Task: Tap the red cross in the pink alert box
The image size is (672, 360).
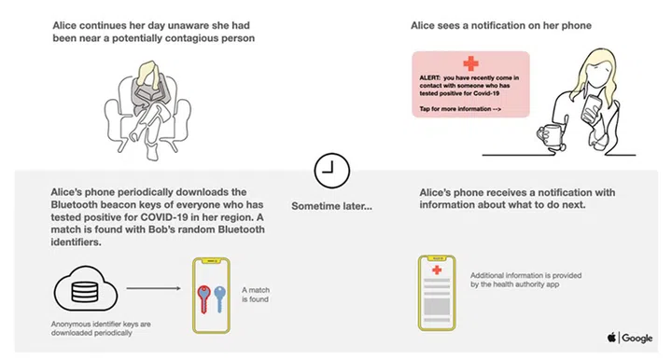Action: click(x=470, y=63)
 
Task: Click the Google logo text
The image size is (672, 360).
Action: click(x=637, y=338)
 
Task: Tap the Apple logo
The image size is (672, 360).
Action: click(x=610, y=338)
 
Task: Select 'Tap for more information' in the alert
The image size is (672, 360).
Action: click(x=459, y=109)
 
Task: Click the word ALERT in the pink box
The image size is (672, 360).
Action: click(x=430, y=78)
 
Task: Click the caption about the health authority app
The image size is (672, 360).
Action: click(x=527, y=281)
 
